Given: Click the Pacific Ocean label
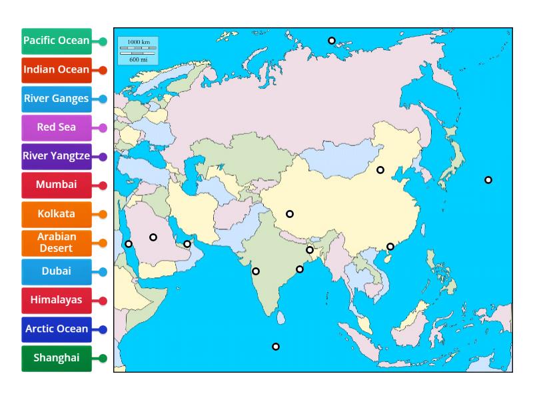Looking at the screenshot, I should point(57,41).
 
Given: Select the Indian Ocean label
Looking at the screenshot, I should point(57,69).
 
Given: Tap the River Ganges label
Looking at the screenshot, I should point(57,99).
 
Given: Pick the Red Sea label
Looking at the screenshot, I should point(57,127).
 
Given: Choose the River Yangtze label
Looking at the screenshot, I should point(57,156).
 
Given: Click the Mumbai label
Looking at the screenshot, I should point(57,185).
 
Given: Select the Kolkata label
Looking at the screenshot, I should point(57,214).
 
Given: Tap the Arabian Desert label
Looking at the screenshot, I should point(57,243).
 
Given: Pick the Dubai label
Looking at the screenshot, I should point(57,271).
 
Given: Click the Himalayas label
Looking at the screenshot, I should point(57,300).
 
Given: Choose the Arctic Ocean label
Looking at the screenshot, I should point(57,329).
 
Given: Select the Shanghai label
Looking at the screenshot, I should point(57,358).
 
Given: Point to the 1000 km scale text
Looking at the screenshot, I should point(138,42).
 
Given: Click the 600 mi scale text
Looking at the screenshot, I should point(138,59).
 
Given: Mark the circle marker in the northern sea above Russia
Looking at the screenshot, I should point(332,41).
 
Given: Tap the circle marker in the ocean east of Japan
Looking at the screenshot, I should point(488,180).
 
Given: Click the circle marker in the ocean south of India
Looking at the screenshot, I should point(276,347).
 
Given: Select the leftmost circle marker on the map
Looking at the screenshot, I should point(129,244).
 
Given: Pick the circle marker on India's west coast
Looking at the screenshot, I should point(256,271).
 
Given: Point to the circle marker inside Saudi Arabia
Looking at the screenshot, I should point(153,237).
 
